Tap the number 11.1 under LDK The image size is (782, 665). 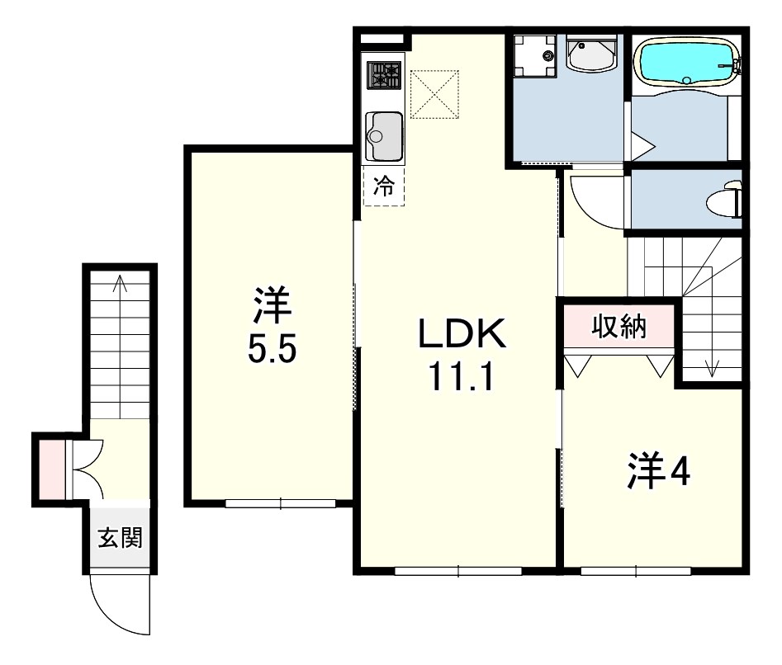(462, 376)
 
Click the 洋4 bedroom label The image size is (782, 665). (658, 470)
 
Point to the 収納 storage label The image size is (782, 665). (619, 327)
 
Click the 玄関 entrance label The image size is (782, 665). (121, 538)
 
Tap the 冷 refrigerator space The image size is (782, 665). (383, 186)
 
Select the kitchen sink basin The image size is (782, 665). (384, 136)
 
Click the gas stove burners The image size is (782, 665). (385, 75)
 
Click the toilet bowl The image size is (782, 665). (723, 201)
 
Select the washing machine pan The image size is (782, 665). (535, 56)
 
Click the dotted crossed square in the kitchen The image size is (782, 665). (434, 95)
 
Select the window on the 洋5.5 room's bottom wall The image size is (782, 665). (280, 503)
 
